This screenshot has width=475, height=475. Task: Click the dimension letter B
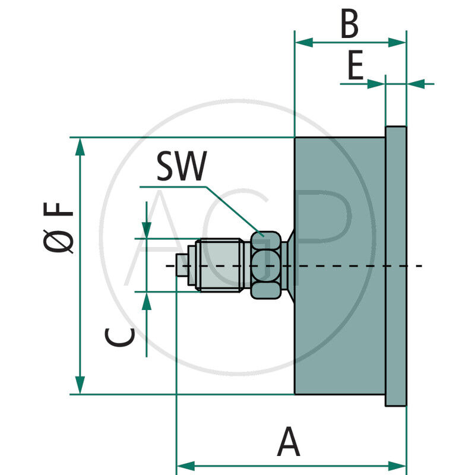click(350, 25)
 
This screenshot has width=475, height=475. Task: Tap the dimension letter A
click(289, 442)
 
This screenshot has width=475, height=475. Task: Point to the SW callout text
click(181, 167)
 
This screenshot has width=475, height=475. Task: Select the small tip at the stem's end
click(182, 265)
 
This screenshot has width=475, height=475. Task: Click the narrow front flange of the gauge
click(396, 266)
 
